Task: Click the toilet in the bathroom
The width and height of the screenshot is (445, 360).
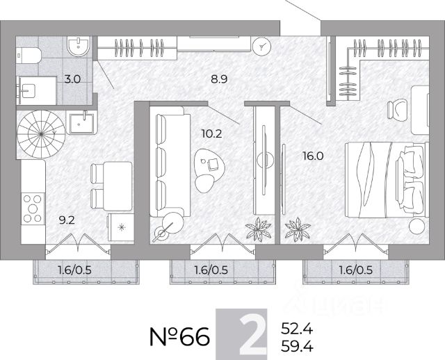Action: click(x=29, y=56)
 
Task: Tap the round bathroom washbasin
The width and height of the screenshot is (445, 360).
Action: click(x=79, y=46)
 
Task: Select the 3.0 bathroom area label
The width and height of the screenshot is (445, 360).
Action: click(x=72, y=79)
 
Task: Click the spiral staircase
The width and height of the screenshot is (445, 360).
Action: click(x=41, y=134)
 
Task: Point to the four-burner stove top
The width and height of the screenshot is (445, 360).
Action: click(x=33, y=208)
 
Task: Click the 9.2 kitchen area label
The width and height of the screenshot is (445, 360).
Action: click(x=67, y=220)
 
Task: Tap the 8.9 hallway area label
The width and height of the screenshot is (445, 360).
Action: click(x=219, y=79)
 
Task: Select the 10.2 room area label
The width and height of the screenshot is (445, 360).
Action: click(x=211, y=133)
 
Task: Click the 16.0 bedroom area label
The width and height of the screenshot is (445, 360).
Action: click(x=313, y=156)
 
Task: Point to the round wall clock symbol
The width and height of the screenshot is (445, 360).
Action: click(x=261, y=47)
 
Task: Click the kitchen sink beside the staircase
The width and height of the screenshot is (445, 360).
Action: click(x=81, y=122)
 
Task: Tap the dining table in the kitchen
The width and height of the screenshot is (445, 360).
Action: click(x=118, y=186)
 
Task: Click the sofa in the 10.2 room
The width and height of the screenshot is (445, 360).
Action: click(x=170, y=162)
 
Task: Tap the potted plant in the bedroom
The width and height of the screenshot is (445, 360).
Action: click(x=298, y=229)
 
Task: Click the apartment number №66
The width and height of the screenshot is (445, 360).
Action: click(x=179, y=336)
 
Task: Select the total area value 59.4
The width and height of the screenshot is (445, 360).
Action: click(x=297, y=346)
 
